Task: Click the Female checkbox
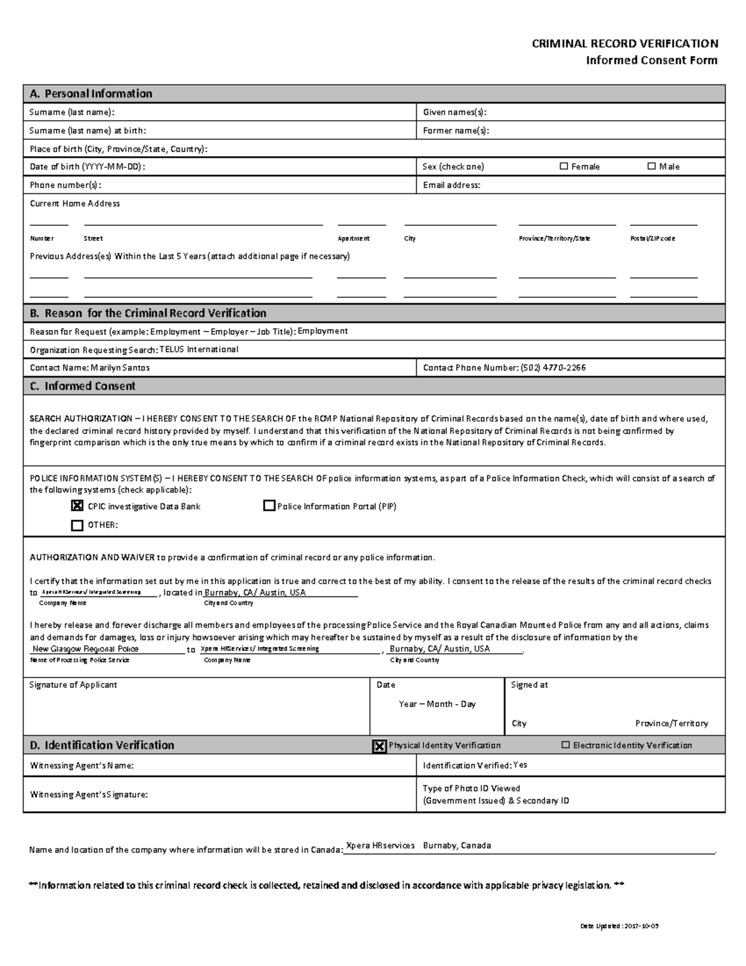point(564,166)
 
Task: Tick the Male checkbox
point(652,166)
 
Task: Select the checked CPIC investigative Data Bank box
point(77,506)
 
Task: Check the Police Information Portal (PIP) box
point(269,506)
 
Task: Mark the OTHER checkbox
point(77,525)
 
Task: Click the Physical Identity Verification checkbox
point(379,746)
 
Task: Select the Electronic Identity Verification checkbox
point(565,745)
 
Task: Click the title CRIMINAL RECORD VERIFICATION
point(625,44)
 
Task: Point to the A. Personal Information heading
point(91,94)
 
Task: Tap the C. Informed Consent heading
point(83,386)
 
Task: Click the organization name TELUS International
point(199,350)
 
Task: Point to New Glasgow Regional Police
point(85,649)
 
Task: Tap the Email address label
point(451,185)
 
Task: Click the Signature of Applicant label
point(73,685)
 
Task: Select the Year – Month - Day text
point(437,704)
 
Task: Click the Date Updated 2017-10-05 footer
point(619,926)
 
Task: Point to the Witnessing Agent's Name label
point(81,766)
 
